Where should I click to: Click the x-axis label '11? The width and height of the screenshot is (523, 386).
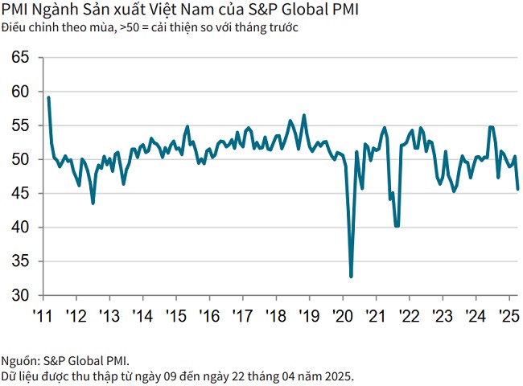pyautogui.click(x=43, y=314)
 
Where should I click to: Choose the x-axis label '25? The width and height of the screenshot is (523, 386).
pyautogui.click(x=509, y=314)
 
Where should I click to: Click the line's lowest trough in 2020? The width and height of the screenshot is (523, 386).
pyautogui.click(x=352, y=277)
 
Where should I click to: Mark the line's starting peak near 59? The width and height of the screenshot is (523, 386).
pyautogui.click(x=48, y=97)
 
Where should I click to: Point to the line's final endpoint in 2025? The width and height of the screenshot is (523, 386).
pyautogui.click(x=517, y=189)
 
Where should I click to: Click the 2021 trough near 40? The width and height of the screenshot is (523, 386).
pyautogui.click(x=397, y=226)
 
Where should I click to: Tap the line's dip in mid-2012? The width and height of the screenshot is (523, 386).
pyautogui.click(x=93, y=203)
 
